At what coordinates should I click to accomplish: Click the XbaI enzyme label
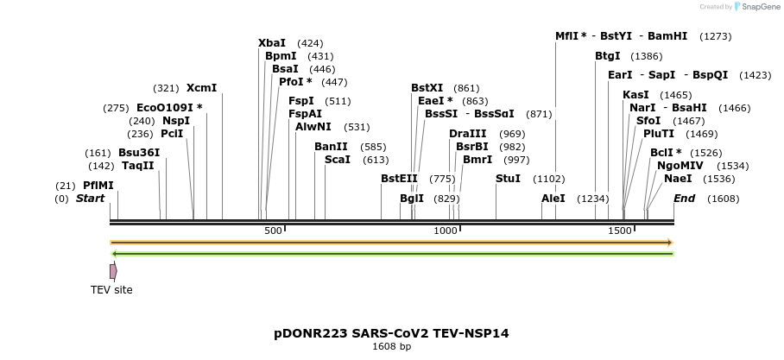272,43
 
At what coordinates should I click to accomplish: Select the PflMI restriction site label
98,186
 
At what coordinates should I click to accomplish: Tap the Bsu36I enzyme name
139,153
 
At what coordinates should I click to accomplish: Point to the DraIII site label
468,134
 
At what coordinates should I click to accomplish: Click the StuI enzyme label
508,179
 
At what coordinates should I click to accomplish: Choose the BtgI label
607,56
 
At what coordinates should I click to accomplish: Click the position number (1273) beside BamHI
716,36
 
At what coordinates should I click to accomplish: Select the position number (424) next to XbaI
310,43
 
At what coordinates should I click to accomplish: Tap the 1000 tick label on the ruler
445,231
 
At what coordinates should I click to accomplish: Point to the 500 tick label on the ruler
273,231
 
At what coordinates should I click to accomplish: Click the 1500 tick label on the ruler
620,231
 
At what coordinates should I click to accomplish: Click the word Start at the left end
90,199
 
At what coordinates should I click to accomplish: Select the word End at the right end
684,199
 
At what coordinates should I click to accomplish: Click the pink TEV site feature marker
113,271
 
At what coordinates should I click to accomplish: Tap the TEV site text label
112,290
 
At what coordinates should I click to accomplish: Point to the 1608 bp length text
391,347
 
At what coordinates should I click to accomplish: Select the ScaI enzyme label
338,160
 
